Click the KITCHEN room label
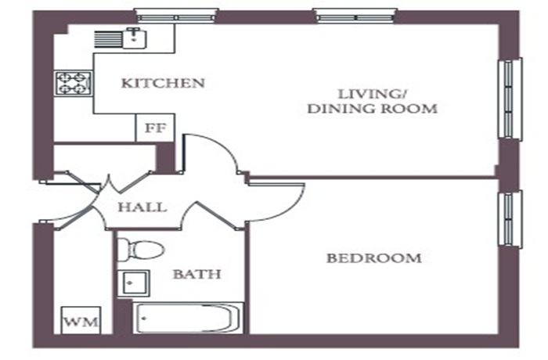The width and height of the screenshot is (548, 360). pyautogui.click(x=163, y=83)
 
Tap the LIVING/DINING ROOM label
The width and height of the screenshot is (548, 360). pyautogui.click(x=372, y=102)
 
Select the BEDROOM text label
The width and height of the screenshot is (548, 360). pyautogui.click(x=374, y=258)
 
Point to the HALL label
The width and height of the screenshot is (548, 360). pyautogui.click(x=142, y=207)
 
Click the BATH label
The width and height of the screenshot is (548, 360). pyautogui.click(x=197, y=274)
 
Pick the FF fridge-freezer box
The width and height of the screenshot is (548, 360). pyautogui.click(x=155, y=128)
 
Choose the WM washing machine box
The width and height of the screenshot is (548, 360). pyautogui.click(x=81, y=321)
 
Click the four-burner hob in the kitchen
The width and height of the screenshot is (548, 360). pyautogui.click(x=74, y=83)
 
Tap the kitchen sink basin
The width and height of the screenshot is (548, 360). pyautogui.click(x=135, y=38)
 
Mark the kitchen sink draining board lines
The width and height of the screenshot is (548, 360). pyautogui.click(x=108, y=39)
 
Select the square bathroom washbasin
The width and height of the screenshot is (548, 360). pyautogui.click(x=134, y=283)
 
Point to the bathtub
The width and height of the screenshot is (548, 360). pyautogui.click(x=188, y=318)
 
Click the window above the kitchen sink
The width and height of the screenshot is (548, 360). pyautogui.click(x=176, y=16)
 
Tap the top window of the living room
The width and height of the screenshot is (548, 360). pyautogui.click(x=355, y=16)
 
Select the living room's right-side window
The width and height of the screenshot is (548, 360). pyautogui.click(x=510, y=99)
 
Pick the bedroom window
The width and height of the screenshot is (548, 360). pyautogui.click(x=510, y=219)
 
